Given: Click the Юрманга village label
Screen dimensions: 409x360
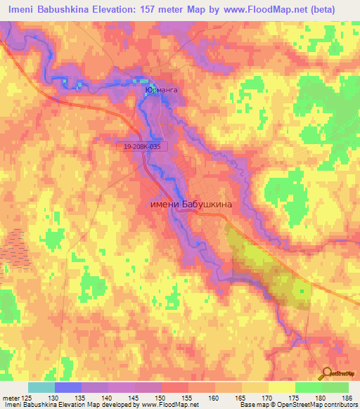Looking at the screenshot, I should tap(158, 91).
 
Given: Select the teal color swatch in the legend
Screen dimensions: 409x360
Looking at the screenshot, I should tap(41, 387).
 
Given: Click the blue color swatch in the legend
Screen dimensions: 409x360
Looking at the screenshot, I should tap(68, 387).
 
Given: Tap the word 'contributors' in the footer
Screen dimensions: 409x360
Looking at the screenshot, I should tap(337, 404).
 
